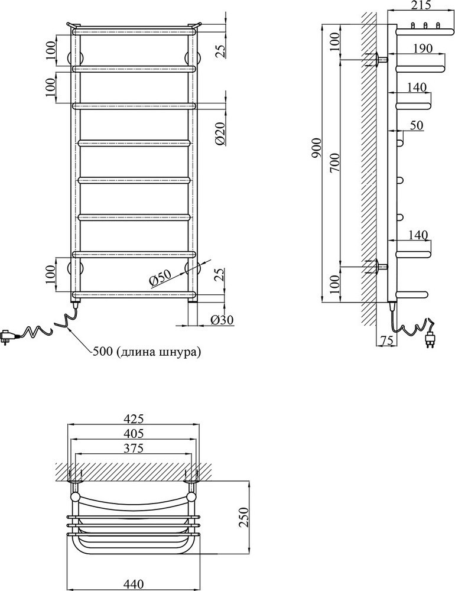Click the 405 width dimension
(134, 434)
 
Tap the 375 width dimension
(134, 449)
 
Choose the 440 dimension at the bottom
(134, 583)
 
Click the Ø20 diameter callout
(219, 135)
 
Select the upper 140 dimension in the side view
(417, 87)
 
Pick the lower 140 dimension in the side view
(417, 235)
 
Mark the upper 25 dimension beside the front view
(219, 50)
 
